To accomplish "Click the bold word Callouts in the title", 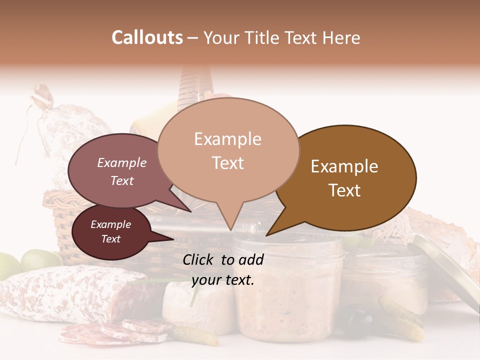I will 147,37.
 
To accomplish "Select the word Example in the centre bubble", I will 227,139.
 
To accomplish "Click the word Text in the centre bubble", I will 227,163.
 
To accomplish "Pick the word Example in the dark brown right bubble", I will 344,166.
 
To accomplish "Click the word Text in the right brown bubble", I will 344,190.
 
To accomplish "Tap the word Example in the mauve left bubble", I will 122,162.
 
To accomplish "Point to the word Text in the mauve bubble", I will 122,180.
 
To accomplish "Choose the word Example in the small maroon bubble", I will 110,224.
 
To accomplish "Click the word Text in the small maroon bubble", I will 110,239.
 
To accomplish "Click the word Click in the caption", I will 199,259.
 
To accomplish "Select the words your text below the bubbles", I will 223,280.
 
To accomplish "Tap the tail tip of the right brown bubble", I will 267,234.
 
